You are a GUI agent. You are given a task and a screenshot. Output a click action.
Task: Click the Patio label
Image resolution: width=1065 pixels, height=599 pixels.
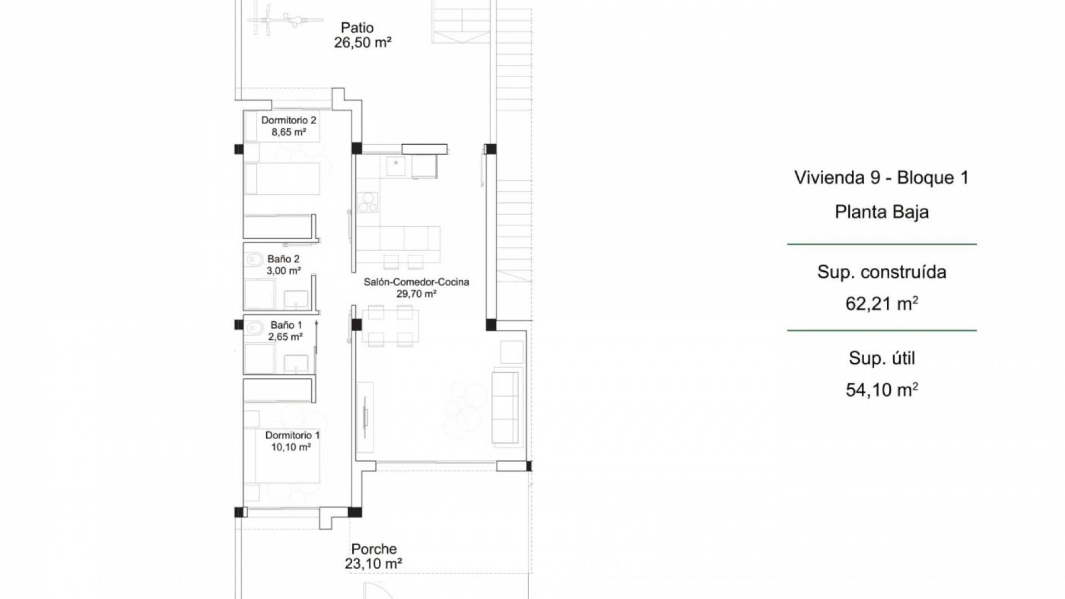point(357,28)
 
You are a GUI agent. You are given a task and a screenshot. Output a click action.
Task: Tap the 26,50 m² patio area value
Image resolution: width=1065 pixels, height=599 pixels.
point(363,43)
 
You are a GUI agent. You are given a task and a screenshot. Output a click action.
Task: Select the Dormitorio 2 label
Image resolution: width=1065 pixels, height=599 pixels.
point(288,120)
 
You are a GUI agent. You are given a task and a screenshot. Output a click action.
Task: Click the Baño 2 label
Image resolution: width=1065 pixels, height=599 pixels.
point(283,259)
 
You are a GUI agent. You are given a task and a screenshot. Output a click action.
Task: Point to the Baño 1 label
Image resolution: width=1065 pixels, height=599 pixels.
point(286,325)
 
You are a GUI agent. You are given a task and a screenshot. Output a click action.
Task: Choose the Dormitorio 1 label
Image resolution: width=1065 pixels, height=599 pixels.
point(292,435)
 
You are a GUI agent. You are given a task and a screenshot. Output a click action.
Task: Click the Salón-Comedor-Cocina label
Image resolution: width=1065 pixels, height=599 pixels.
point(416,282)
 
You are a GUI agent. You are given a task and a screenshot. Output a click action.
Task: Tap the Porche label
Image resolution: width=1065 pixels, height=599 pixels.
point(374,549)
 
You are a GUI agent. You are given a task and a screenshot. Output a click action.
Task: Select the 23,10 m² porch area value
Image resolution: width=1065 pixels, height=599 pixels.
point(373,564)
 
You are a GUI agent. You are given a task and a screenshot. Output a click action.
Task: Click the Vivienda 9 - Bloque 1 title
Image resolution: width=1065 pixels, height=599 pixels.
point(881,177)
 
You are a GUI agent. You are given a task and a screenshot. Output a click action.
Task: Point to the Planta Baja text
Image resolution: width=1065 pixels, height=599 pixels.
point(881,212)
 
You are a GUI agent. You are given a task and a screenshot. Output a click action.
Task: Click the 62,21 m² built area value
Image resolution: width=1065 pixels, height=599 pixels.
point(881,303)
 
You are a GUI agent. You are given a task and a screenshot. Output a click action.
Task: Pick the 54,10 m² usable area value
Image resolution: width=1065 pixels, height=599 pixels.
point(881,390)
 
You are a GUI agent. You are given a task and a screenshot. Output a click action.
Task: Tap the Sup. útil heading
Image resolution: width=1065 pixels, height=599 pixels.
point(881,358)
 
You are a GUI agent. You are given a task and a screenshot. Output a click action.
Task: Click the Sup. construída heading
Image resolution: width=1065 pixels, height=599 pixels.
point(881,272)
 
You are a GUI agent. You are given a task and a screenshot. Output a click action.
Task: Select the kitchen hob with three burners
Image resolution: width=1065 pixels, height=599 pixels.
point(367,202)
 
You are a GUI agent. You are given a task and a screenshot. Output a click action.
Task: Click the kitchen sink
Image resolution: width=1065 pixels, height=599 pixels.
point(395,165)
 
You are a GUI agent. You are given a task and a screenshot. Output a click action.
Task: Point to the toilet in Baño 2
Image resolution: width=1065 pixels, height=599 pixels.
point(255,258)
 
